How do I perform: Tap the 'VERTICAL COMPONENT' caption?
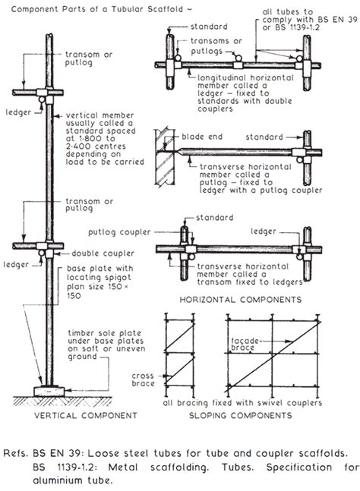click(80, 415)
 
